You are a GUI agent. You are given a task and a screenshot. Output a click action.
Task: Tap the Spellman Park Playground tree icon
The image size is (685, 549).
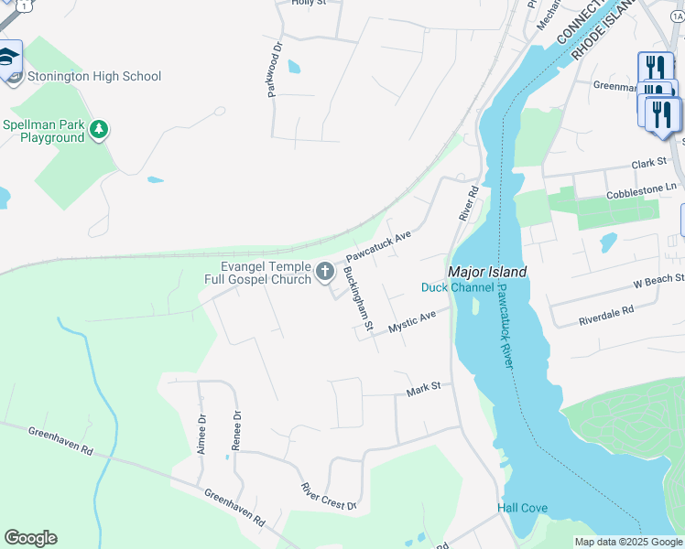(100, 131)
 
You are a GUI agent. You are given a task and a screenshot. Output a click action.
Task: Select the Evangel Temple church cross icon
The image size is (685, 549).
(324, 271)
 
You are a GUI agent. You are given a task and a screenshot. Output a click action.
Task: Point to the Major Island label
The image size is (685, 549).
(487, 272)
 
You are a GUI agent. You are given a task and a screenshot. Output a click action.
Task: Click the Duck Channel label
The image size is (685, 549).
(458, 287)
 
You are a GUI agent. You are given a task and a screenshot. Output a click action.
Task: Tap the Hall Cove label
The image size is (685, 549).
(522, 508)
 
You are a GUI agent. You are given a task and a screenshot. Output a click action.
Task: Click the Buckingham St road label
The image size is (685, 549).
(358, 298)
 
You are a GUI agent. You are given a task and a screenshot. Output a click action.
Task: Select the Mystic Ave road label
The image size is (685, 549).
(411, 322)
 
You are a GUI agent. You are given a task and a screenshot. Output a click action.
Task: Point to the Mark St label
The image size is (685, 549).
(424, 389)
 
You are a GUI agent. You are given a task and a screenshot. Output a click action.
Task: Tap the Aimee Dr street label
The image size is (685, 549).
(201, 429)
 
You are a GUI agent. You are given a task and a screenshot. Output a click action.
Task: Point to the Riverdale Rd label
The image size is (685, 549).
(606, 316)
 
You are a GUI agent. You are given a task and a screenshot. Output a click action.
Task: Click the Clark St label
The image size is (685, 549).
(648, 163)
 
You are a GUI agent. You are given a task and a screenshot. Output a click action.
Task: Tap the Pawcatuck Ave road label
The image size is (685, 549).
(378, 245)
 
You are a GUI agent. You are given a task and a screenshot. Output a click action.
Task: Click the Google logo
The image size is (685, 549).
(30, 538)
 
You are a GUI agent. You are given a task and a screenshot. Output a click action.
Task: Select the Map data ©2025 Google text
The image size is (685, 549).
(627, 542)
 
